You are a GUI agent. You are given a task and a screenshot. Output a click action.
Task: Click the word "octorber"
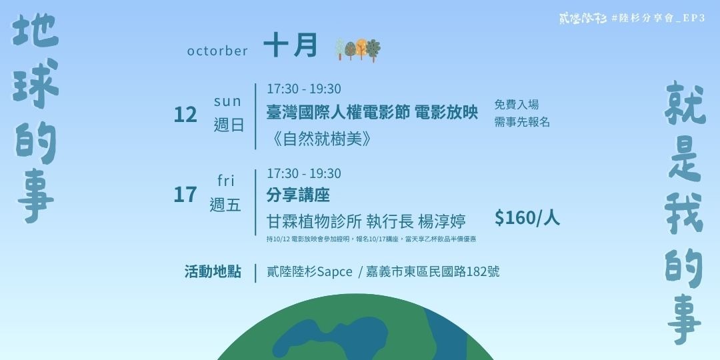pos(217,51)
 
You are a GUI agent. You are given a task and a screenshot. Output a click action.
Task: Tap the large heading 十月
pos(290,47)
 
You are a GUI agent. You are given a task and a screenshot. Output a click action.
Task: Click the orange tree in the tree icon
pos(361,48)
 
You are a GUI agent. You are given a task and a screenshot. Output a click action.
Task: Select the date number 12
pos(185,115)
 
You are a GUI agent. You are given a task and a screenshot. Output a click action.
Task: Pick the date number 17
pos(185,195)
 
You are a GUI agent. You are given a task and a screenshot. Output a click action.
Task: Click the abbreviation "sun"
pos(227,101)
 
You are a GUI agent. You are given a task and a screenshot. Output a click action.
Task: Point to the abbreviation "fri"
pos(227,181)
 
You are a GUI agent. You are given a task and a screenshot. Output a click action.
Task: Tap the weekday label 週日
pos(229,125)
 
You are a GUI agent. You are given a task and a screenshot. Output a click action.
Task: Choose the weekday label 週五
pos(225,205)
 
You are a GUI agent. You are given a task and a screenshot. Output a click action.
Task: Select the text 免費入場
pos(516,105)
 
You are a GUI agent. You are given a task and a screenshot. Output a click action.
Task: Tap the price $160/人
pos(527,218)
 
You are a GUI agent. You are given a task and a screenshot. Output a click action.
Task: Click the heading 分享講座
pos(298,195)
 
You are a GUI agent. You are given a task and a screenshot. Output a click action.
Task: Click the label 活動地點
pos(213,272)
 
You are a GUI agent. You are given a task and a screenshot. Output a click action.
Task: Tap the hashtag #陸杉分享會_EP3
pos(657,19)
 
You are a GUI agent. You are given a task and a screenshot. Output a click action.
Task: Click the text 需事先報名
pos(522,122)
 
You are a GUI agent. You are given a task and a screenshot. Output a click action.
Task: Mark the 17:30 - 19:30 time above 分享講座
pos(303,173)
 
